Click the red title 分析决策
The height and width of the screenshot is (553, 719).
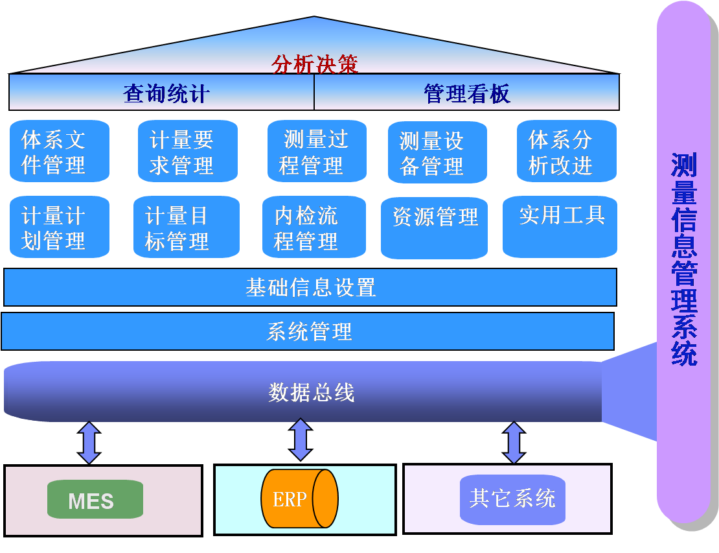(x=315, y=64)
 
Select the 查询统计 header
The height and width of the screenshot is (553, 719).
(x=166, y=93)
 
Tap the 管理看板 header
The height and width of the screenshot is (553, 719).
(x=467, y=93)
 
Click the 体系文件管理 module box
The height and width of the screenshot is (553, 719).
(x=59, y=152)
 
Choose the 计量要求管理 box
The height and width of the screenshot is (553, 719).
(x=187, y=152)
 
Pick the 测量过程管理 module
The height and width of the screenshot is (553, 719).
(x=317, y=152)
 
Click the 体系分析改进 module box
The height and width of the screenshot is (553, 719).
(x=566, y=152)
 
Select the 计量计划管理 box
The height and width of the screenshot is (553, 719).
(x=59, y=228)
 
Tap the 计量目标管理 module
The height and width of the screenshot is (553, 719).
(x=186, y=228)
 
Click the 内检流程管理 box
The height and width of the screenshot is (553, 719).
(x=314, y=228)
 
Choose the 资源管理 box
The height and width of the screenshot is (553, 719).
(x=435, y=228)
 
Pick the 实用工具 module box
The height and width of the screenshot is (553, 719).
(x=560, y=226)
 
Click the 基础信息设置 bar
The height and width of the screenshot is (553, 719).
(x=310, y=287)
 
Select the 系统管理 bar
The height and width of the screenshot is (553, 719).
(x=308, y=331)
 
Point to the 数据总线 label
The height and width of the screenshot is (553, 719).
(x=312, y=392)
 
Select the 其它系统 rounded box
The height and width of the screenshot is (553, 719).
(x=512, y=499)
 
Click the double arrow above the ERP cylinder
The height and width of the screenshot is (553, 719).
(x=301, y=440)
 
